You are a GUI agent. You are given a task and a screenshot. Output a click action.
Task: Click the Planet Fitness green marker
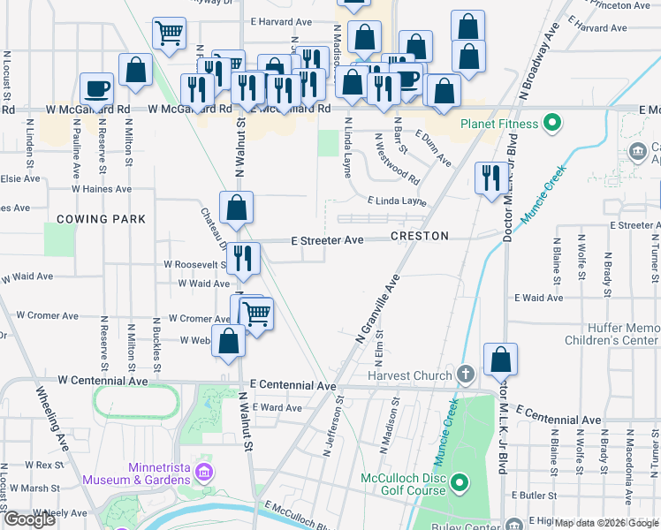point(554,122)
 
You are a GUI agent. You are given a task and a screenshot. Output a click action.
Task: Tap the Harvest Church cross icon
point(467,375)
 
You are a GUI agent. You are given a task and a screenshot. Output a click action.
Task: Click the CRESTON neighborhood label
point(420,236)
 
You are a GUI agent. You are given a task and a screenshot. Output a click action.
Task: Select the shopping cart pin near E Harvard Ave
point(169,34)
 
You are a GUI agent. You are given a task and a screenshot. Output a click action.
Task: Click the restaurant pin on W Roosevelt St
point(242,257)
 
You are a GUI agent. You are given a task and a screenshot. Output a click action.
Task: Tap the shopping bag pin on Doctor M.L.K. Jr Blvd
point(500,359)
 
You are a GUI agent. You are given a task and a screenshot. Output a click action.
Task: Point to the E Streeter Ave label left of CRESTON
point(327,240)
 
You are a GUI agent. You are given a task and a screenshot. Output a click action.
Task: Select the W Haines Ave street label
point(102,189)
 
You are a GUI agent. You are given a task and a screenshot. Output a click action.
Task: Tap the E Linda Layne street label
point(397,201)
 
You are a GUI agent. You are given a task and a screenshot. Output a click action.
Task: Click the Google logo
point(29,519)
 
